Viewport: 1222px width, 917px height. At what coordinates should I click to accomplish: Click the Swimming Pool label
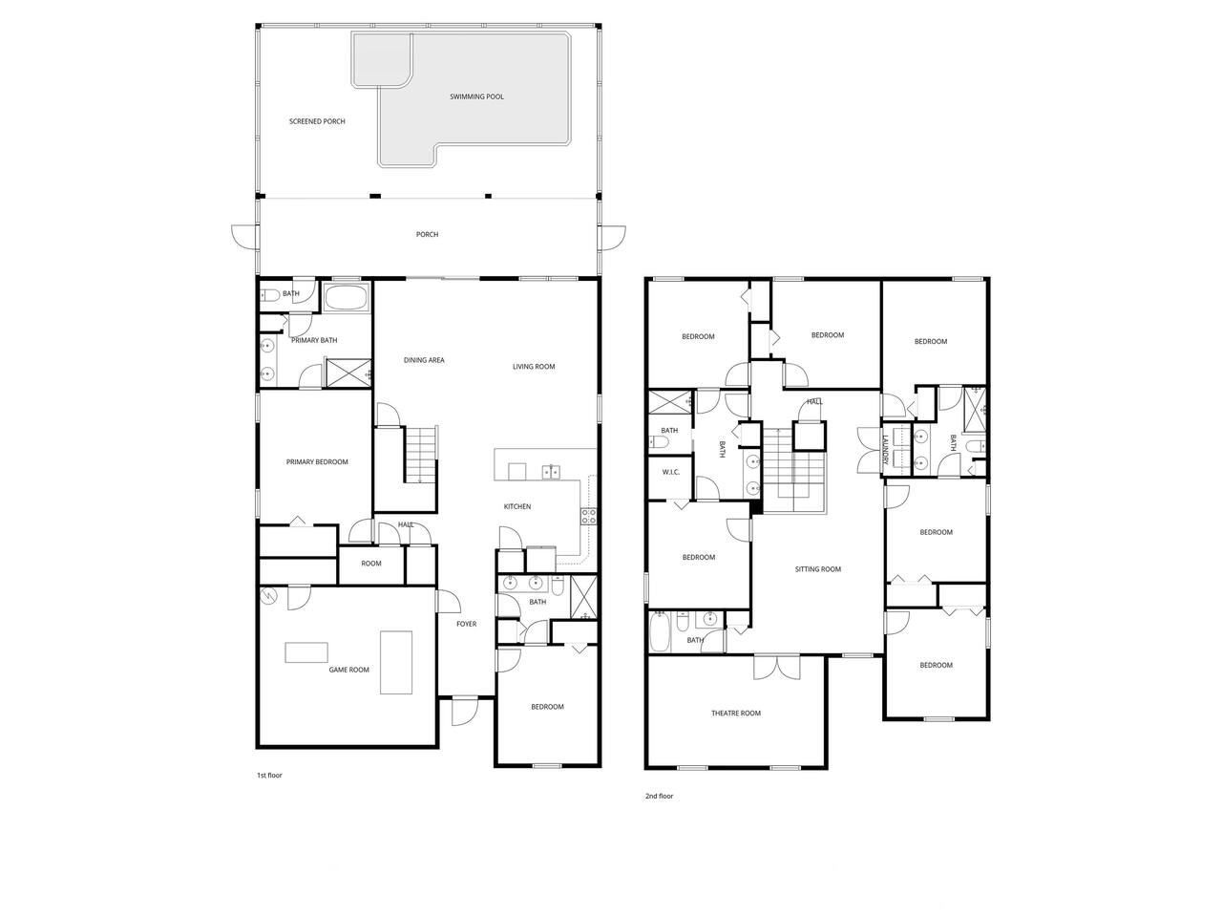click(476, 96)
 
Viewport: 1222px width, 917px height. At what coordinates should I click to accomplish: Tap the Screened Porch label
click(317, 121)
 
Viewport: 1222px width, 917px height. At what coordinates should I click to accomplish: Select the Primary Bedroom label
click(317, 462)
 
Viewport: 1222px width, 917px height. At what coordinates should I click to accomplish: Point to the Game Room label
click(348, 670)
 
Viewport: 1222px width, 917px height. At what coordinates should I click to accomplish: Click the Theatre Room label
click(735, 714)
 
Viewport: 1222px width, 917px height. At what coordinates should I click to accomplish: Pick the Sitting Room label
click(817, 569)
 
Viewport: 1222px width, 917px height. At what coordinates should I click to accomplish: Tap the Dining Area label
click(424, 360)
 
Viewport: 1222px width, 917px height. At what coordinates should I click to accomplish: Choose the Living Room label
click(534, 367)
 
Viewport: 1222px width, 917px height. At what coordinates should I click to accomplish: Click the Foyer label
click(466, 624)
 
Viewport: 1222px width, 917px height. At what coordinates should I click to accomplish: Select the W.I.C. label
click(670, 472)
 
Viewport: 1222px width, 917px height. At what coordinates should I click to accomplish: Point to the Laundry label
click(885, 450)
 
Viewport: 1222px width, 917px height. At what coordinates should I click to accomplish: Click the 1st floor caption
click(269, 776)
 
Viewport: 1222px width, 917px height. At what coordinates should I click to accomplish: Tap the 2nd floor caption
click(659, 797)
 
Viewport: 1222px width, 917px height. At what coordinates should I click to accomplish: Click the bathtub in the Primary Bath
click(347, 298)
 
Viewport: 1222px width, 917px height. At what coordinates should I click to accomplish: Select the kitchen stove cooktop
click(588, 516)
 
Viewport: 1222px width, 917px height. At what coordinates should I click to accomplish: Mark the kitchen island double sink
click(551, 472)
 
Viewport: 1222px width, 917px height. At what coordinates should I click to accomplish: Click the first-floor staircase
click(420, 455)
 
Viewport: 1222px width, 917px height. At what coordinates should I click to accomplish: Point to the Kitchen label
click(517, 506)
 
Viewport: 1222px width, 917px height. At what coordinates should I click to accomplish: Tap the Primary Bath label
click(314, 340)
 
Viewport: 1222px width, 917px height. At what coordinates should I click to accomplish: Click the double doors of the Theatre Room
click(777, 668)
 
